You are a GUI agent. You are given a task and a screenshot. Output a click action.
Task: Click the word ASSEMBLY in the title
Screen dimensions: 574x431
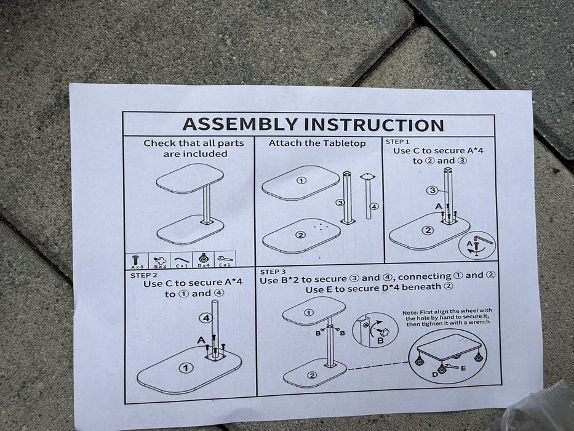240,124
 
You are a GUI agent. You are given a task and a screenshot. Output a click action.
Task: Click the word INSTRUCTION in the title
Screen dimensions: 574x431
375,125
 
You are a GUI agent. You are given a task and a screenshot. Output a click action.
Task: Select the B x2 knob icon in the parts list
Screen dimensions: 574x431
159,259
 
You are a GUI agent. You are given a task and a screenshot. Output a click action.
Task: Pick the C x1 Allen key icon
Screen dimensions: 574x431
182,259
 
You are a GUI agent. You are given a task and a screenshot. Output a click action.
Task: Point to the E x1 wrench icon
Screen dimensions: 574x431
224,259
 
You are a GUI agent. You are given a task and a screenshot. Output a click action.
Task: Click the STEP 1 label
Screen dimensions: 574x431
397,142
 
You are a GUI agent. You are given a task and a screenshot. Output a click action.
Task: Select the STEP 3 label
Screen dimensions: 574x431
273,272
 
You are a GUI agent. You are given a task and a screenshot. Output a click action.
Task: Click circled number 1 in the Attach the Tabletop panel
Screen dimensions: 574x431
301,180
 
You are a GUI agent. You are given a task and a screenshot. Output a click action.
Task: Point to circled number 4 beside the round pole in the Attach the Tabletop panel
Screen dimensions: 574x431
374,206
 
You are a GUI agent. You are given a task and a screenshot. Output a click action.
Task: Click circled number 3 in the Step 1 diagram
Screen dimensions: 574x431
432,190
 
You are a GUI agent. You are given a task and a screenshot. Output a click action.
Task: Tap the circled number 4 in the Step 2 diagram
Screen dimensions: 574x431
207,318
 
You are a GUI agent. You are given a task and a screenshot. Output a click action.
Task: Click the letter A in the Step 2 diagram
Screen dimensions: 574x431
201,340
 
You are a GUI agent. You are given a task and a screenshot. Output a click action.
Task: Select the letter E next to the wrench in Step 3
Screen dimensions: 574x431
463,368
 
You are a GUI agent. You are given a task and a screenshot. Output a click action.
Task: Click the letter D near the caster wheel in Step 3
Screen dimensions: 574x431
435,374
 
